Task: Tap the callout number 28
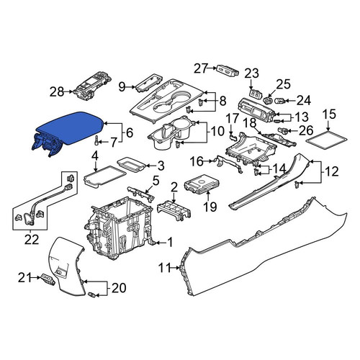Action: (57, 91)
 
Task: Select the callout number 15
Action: (329, 114)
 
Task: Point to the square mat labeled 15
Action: (327, 140)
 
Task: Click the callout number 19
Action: (210, 207)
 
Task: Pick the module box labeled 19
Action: (202, 185)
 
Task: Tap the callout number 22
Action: (32, 239)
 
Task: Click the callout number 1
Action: (170, 243)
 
